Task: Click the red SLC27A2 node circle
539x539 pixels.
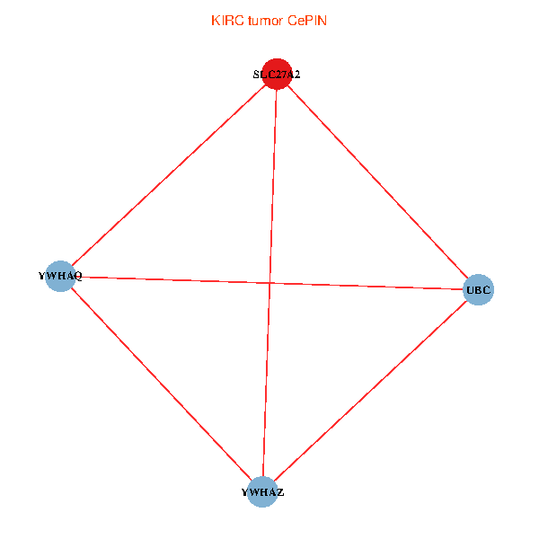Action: click(277, 75)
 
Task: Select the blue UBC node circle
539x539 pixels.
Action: click(479, 290)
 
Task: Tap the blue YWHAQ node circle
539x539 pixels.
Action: click(59, 277)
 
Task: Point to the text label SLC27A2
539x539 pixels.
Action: click(277, 75)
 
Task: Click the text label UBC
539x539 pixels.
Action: click(479, 290)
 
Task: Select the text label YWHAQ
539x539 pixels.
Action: click(60, 277)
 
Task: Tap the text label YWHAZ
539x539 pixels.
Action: click(262, 492)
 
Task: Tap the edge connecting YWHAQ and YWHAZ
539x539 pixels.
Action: click(161, 384)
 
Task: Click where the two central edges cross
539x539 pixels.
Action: click(270, 284)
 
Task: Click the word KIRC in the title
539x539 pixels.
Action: click(225, 21)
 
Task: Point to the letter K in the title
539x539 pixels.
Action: click(215, 21)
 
